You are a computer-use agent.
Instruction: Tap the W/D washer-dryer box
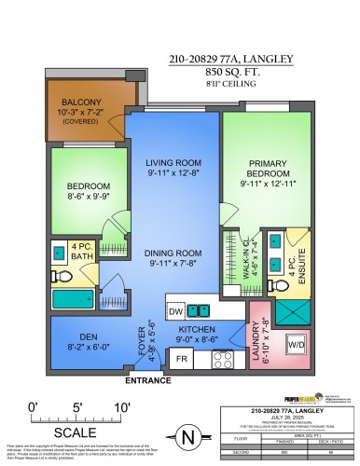tap(298, 342)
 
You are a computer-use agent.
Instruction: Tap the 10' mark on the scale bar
tap(120, 406)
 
